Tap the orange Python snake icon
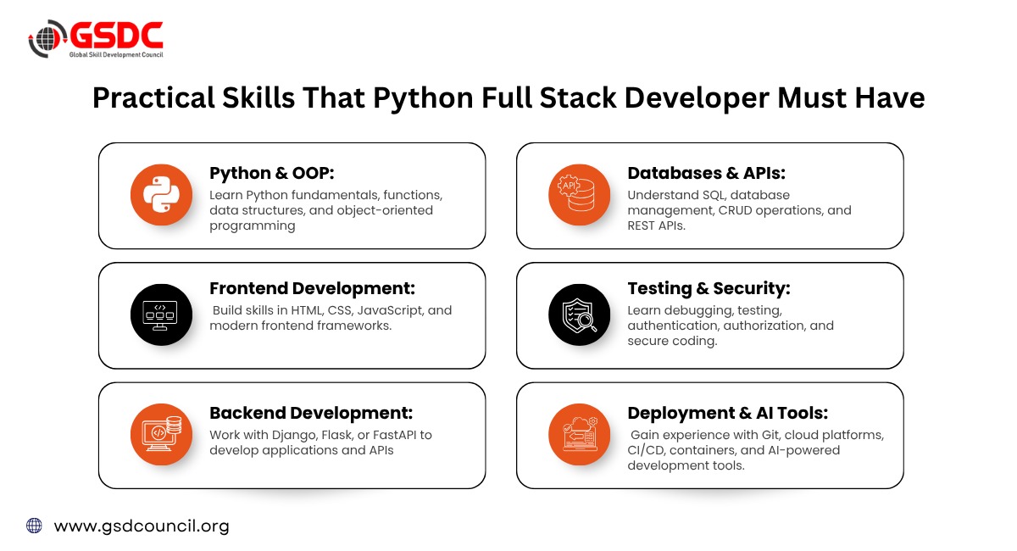161,195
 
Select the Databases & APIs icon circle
580,195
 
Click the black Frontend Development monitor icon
161,314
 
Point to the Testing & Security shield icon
580,314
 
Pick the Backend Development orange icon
161,434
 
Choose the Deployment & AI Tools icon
580,434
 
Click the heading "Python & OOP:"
271,173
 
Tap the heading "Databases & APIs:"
707,173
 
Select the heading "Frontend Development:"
313,288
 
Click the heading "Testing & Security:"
709,289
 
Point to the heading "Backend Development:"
311,413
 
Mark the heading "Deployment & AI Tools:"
728,413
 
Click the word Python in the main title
423,99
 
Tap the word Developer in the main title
697,99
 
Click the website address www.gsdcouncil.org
142,526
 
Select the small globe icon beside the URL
34,526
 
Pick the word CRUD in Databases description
724,210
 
